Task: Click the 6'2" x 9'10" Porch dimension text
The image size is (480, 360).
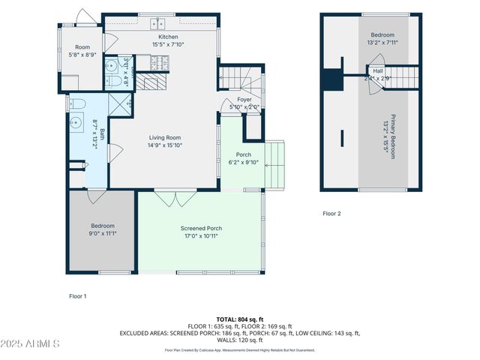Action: tap(243, 163)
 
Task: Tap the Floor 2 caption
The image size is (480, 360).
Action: tap(331, 214)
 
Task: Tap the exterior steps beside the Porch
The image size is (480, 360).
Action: tap(276, 165)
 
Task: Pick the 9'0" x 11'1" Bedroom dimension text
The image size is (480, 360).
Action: tap(103, 233)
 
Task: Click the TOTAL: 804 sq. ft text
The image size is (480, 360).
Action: tap(239, 319)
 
